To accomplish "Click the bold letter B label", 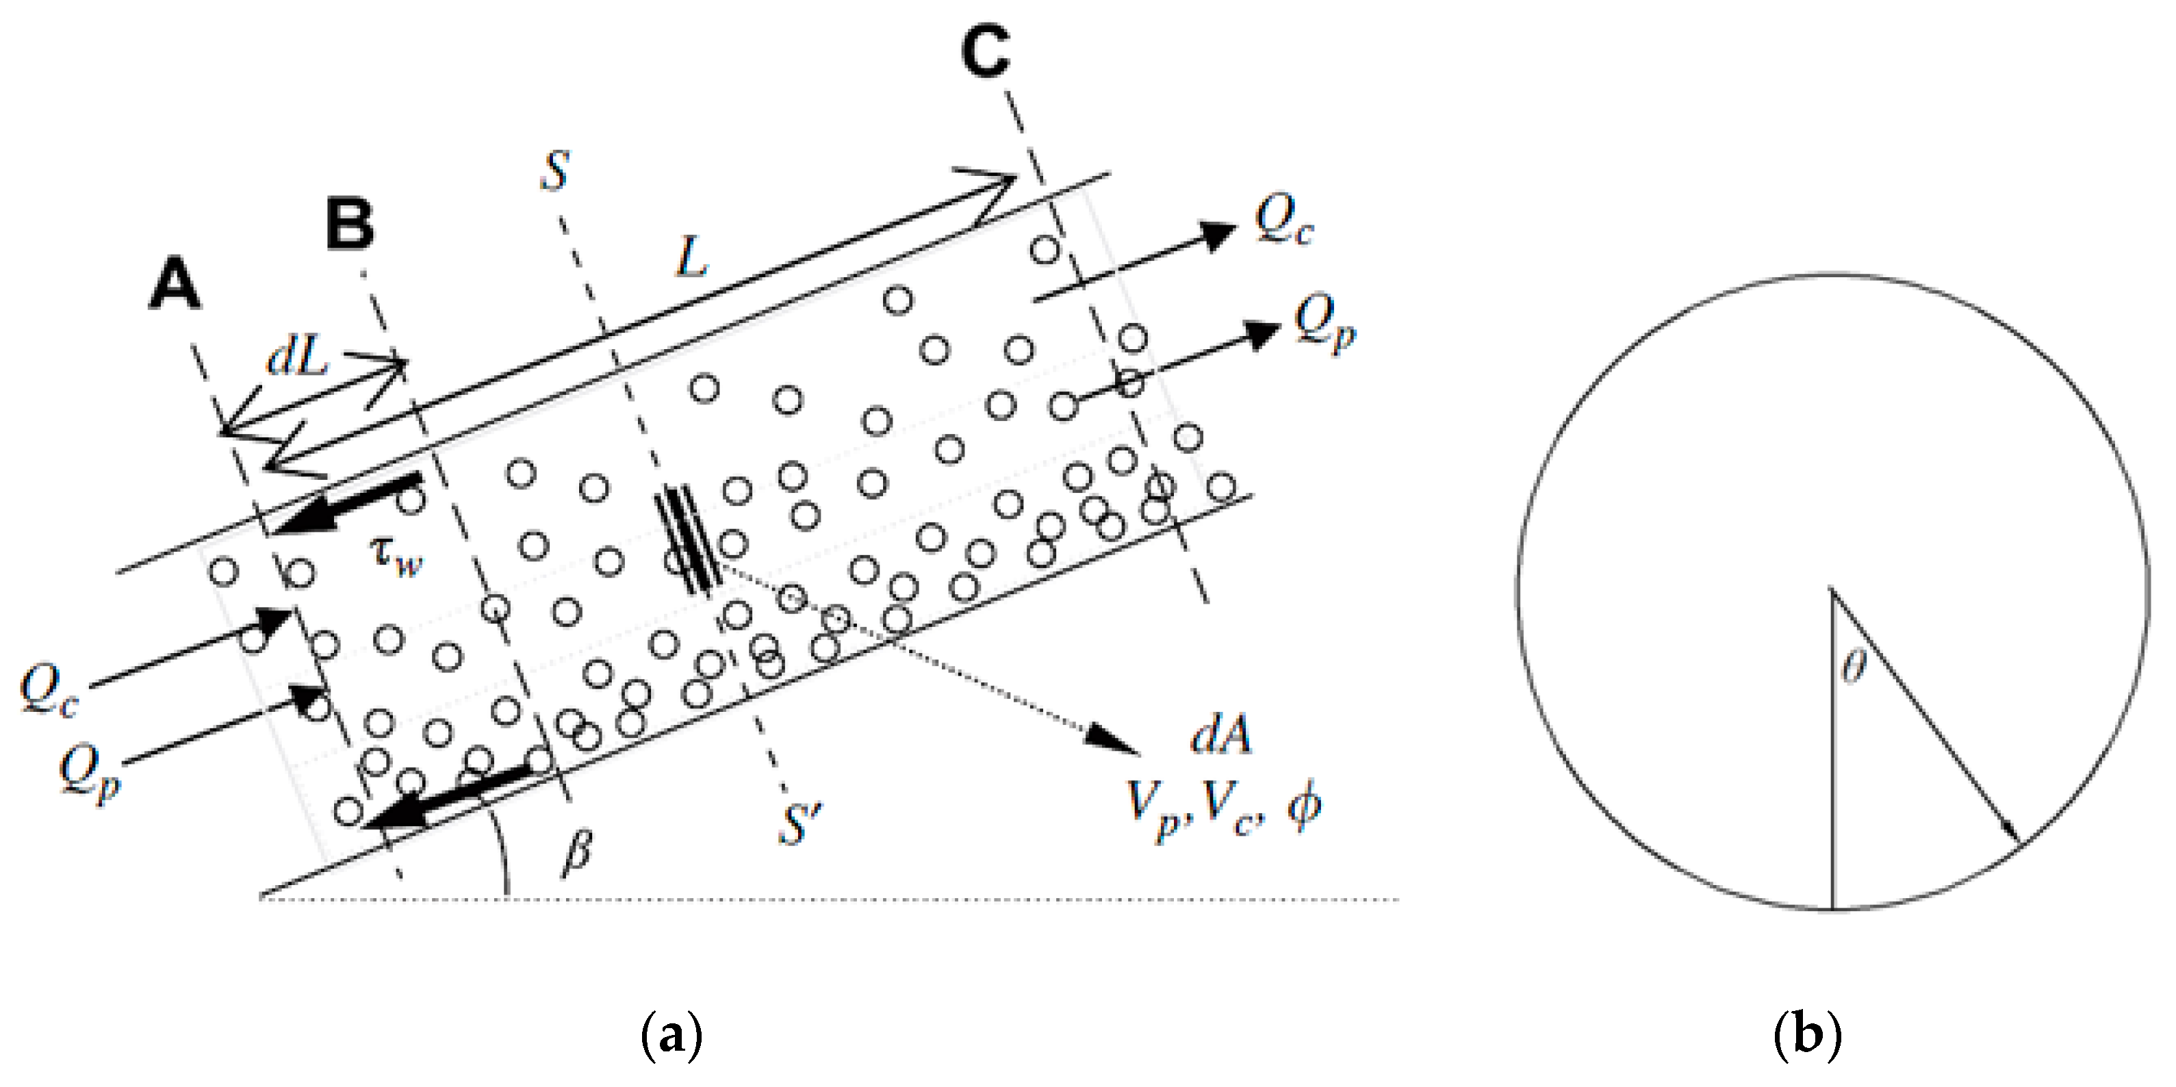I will pos(350,227).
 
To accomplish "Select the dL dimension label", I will pos(296,358).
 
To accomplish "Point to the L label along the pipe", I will pos(691,257).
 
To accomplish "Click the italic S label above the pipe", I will pos(554,171).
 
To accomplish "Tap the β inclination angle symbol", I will pos(577,853).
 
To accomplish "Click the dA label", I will pos(1220,737).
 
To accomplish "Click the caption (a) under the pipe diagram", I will pos(671,1036).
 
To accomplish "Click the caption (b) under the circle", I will pos(1807,1036).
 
